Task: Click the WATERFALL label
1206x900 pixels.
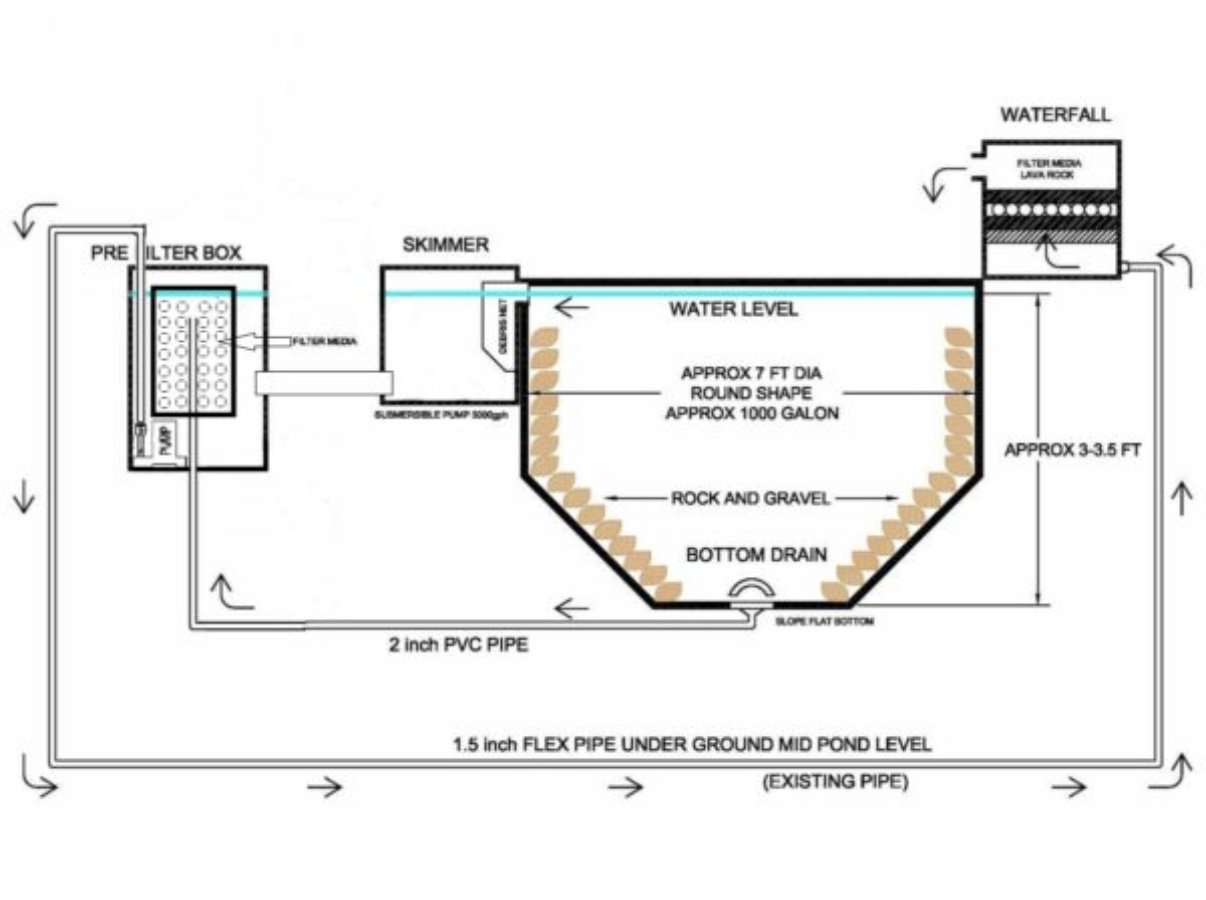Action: tap(1054, 115)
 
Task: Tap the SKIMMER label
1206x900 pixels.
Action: tap(445, 245)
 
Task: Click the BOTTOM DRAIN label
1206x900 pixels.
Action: tap(756, 555)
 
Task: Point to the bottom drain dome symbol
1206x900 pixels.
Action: tap(750, 593)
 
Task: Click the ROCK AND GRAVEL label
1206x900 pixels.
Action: tap(751, 498)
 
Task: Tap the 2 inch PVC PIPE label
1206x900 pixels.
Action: tap(458, 646)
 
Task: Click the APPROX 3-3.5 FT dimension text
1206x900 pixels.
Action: tap(1073, 450)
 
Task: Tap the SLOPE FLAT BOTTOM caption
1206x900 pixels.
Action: tap(825, 622)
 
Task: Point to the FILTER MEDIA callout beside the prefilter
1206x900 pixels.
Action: tap(321, 341)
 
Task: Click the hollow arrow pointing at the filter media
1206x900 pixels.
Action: tap(258, 341)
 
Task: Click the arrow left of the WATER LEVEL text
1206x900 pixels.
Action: tap(570, 308)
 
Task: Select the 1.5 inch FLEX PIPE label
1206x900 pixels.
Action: tap(691, 744)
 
